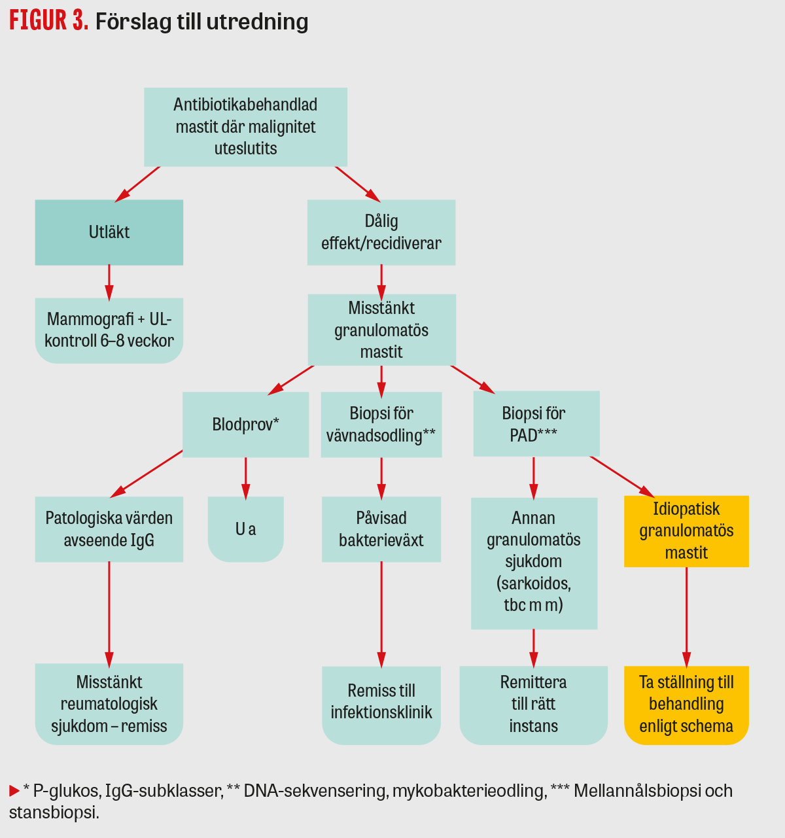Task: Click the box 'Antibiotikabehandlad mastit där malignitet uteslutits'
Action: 245,127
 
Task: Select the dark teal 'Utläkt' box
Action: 109,232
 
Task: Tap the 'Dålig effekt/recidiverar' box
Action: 381,232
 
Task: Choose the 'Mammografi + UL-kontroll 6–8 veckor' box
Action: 109,330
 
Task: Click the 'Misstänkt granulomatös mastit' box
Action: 381,330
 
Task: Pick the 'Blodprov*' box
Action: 245,425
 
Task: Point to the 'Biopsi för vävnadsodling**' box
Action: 381,425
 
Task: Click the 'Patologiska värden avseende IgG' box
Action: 109,529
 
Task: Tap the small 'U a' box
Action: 245,529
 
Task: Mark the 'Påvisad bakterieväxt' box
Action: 381,529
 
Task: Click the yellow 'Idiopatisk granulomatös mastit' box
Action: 686,531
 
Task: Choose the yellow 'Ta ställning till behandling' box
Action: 686,705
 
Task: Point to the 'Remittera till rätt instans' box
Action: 534,705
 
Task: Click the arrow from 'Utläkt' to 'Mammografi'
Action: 109,282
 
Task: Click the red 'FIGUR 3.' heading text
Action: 48,21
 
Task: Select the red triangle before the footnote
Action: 14,792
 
